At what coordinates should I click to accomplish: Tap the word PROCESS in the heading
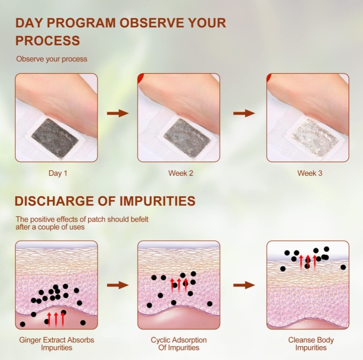click(x=47, y=40)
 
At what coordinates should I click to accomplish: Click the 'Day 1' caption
click(x=58, y=173)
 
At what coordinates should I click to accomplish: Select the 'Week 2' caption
click(x=180, y=173)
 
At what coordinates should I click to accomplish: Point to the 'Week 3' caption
click(x=310, y=173)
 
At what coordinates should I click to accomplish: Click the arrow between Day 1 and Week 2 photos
click(x=118, y=113)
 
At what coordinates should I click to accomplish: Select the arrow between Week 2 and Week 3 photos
click(x=244, y=113)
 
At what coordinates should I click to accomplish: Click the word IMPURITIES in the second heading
click(x=157, y=201)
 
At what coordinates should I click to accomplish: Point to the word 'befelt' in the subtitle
click(x=140, y=219)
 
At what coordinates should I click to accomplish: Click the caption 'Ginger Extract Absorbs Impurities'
click(x=57, y=344)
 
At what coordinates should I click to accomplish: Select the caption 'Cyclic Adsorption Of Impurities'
click(x=179, y=344)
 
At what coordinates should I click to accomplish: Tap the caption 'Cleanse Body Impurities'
click(x=311, y=344)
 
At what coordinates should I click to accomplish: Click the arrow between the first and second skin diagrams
click(x=118, y=285)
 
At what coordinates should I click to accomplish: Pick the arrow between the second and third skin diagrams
click(x=244, y=285)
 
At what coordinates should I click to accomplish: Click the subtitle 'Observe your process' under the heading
click(x=51, y=59)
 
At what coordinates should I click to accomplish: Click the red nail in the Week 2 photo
click(x=140, y=78)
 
